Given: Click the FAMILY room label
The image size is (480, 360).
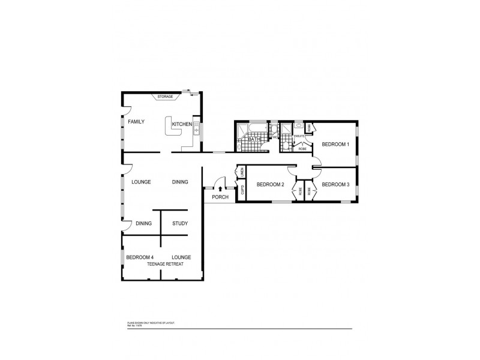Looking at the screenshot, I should pos(136,122).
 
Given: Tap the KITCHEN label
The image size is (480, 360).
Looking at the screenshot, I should pos(181,124).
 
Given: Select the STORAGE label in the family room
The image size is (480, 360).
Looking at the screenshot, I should pos(165,97).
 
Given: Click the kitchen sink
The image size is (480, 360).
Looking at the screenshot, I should pos(196,130).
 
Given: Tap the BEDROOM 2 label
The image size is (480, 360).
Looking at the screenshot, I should pos(269,184).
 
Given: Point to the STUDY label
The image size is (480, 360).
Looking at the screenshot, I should pos(180,224).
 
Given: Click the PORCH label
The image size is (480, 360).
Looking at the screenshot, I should pos(220,197).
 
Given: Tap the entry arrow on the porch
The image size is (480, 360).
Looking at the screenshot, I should pos(220,189).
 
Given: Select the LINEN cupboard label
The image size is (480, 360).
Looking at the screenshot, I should pos(242,172).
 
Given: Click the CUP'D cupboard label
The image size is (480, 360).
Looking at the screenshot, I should pos(242,191).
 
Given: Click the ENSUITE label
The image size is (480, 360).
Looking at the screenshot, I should pos(298,137).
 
